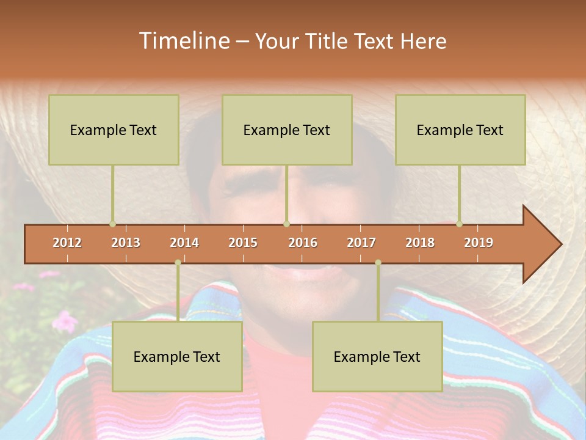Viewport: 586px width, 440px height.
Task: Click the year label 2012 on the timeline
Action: click(x=67, y=243)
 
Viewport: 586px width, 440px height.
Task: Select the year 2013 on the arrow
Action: click(x=126, y=243)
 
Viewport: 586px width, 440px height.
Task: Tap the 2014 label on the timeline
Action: click(x=184, y=243)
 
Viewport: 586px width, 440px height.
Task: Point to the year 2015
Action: click(x=243, y=243)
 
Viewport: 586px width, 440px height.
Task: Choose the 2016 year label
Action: click(x=303, y=243)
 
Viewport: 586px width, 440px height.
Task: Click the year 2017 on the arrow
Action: click(x=361, y=243)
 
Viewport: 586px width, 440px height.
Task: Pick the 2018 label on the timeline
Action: click(x=420, y=243)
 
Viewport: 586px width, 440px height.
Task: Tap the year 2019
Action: click(x=479, y=243)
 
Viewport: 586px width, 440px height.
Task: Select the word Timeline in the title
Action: click(x=184, y=41)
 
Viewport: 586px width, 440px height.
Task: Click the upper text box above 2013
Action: click(x=114, y=130)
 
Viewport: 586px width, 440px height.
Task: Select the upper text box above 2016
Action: click(x=287, y=130)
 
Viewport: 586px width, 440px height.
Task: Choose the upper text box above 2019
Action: click(x=460, y=130)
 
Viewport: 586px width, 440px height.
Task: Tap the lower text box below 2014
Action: click(x=177, y=356)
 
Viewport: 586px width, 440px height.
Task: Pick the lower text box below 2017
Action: click(x=377, y=356)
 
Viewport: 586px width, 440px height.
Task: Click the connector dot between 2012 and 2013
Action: click(x=112, y=224)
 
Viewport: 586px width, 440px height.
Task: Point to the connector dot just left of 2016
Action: click(x=286, y=224)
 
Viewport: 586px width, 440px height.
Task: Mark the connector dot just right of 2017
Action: click(x=378, y=262)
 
